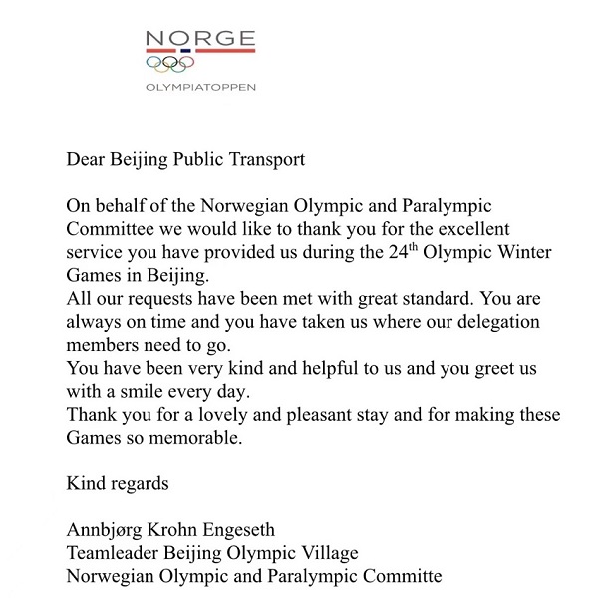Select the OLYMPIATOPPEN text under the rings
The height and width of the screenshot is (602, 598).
[x=200, y=86]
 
